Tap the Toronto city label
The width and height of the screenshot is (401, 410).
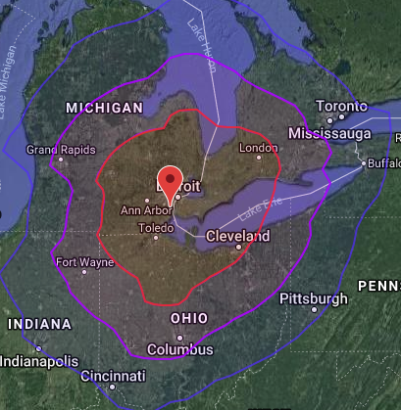tap(339, 106)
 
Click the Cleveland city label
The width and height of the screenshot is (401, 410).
tap(237, 237)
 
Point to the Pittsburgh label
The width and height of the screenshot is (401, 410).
tap(313, 297)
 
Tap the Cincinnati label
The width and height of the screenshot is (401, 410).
tap(114, 376)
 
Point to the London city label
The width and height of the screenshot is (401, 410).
tap(259, 149)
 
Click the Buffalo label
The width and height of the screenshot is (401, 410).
tap(381, 163)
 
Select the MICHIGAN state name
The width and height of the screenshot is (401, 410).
tap(104, 107)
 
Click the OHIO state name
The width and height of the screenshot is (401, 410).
tap(188, 319)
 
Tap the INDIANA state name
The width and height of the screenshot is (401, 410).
tap(39, 324)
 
